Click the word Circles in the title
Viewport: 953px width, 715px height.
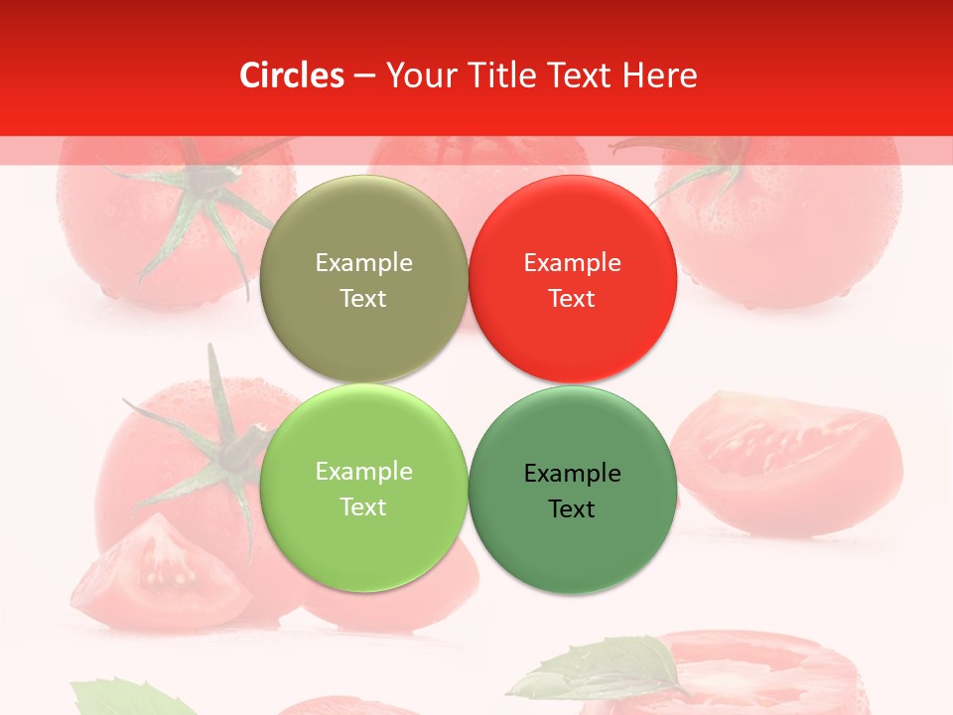[x=292, y=75]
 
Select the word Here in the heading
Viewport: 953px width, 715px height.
[x=660, y=75]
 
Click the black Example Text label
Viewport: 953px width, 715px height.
[x=572, y=491]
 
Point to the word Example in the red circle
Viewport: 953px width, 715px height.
[x=572, y=263]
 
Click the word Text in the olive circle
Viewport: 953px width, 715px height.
[x=363, y=299]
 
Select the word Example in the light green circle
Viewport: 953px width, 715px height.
[x=363, y=472]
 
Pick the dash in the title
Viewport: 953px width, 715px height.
[x=364, y=75]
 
